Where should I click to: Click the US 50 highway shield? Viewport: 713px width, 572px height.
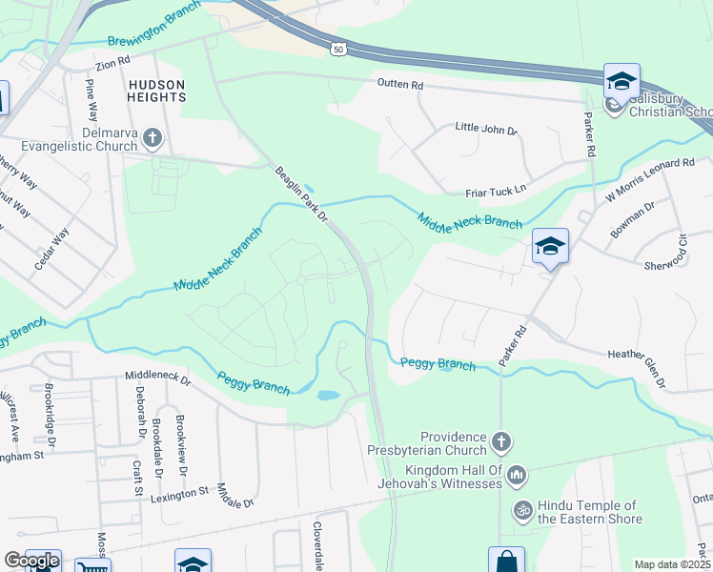point(337,48)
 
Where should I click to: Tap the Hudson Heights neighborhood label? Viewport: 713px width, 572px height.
point(156,91)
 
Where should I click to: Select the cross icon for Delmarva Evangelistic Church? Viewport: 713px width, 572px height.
point(152,140)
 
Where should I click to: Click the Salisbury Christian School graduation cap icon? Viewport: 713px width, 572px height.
point(621,82)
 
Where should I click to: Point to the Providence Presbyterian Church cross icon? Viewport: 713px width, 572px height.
point(502,442)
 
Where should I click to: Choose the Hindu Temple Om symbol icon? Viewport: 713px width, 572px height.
point(521,509)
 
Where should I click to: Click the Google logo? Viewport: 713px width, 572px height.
point(31,561)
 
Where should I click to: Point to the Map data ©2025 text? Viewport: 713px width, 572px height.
point(672,564)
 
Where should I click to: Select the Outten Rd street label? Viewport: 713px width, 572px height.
point(399,85)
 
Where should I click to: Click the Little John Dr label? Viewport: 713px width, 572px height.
point(485,127)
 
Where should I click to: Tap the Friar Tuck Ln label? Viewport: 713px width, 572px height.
point(495,191)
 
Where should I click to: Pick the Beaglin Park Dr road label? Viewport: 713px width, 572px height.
point(301,195)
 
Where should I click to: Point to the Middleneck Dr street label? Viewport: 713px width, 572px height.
point(158,378)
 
